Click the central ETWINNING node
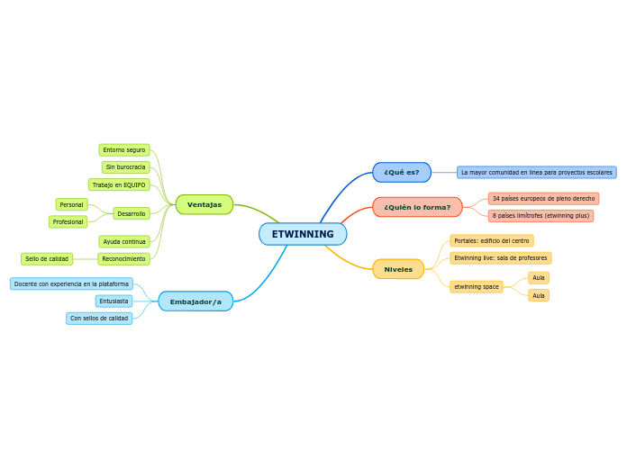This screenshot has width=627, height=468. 303,234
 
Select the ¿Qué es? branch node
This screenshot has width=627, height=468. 402,172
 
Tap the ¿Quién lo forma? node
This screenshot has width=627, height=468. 417,207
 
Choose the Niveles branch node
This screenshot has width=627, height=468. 398,269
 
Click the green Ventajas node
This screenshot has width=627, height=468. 204,204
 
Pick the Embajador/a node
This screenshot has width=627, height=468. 195,301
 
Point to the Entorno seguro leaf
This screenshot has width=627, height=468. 124,150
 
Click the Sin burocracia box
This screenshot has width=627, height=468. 125,167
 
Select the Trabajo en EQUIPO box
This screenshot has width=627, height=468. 119,184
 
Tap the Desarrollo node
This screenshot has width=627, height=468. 132,213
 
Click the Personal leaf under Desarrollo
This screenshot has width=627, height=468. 72,204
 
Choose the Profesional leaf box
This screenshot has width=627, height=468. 68,221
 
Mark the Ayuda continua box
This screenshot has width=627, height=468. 124,241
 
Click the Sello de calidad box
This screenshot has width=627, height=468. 47,259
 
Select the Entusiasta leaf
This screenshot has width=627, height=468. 114,301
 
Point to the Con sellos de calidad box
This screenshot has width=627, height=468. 99,318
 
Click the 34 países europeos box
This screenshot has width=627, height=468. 543,198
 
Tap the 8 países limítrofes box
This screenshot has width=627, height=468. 541,216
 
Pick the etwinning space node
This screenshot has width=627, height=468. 477,286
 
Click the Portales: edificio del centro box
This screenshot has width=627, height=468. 492,240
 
